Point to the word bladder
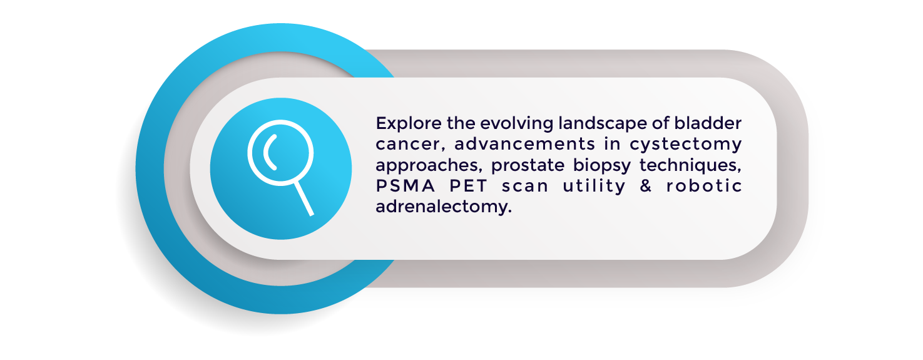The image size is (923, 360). click(708, 123)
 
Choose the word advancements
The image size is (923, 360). click(524, 143)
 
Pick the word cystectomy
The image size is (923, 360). click(685, 145)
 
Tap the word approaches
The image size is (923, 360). click(428, 165)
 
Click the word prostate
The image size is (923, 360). click(528, 165)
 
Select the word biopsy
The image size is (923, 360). click(601, 165)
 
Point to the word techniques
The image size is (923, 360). click(690, 165)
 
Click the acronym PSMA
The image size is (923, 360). click(405, 185)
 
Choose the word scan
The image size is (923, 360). click(525, 187)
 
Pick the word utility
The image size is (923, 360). click(594, 186)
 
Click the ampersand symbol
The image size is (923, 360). click(646, 185)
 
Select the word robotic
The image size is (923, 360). click(704, 185)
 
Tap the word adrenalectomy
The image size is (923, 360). click(444, 207)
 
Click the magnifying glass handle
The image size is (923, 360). click(304, 198)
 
